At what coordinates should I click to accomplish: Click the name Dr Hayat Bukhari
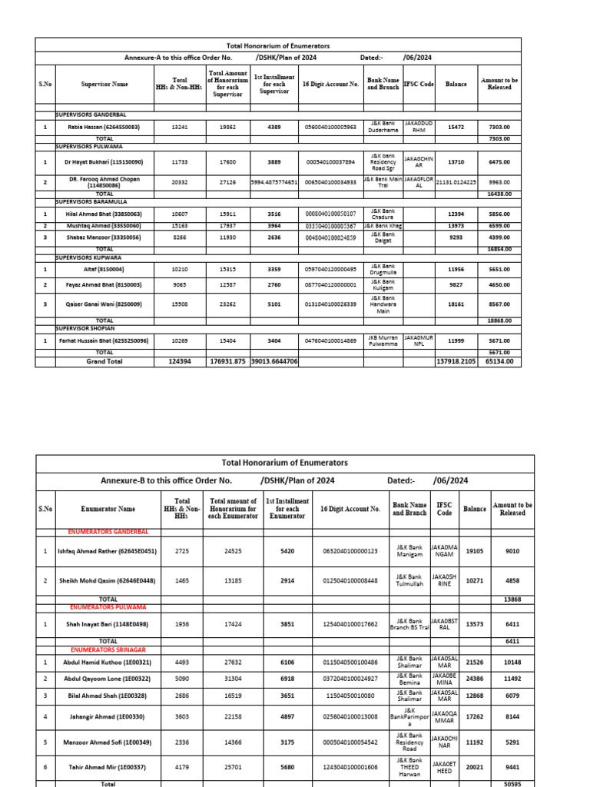coord(104,163)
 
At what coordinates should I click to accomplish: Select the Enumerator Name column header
coord(108,509)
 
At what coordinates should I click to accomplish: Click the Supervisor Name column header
coord(104,85)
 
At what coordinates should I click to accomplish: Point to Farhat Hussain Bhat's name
coord(104,340)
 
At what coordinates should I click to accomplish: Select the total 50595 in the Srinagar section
coord(512,784)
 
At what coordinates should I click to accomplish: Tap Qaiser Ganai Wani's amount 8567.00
coord(499,304)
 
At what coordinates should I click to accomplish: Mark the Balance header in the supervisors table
coord(456,85)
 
